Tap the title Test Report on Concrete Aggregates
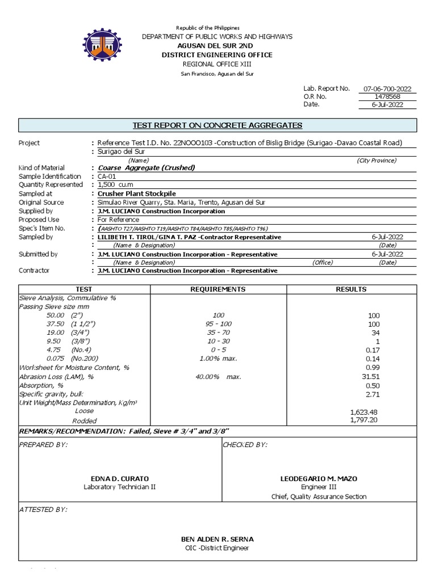coord(217,125)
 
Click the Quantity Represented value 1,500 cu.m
coord(114,185)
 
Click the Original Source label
coord(41,203)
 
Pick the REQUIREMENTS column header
coord(218,289)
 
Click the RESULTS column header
coord(351,289)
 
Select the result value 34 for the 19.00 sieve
coord(374,332)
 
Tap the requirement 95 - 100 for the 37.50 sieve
coord(218,324)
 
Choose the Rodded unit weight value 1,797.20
coord(365,420)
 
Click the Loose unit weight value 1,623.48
coord(365,412)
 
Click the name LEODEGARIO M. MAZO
coord(318,479)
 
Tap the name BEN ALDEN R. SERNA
coord(217,539)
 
